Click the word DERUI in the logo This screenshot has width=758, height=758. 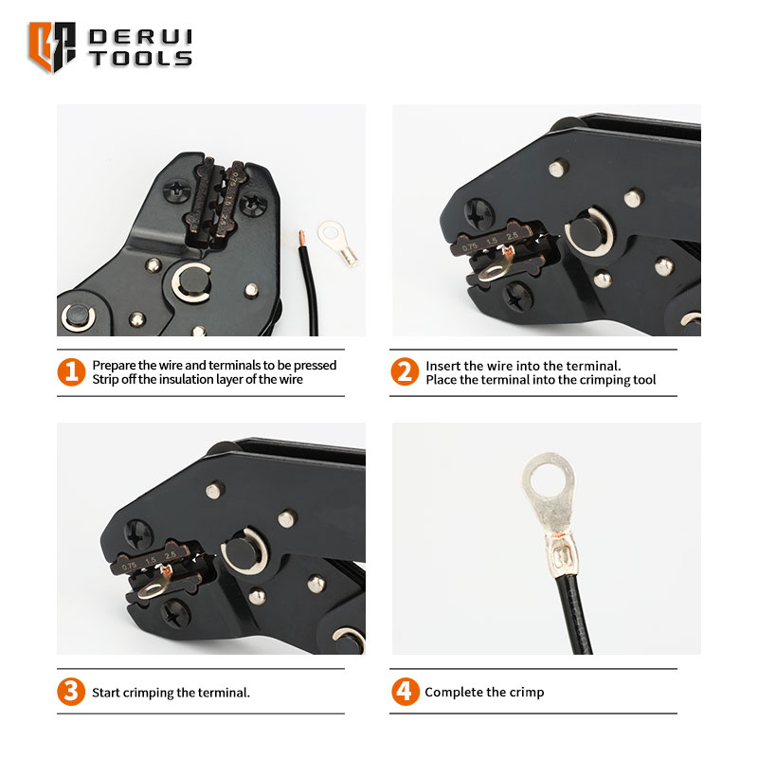click(x=140, y=37)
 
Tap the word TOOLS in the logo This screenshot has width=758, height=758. click(x=140, y=59)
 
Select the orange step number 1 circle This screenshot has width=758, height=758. click(x=71, y=372)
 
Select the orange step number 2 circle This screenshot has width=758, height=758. click(x=405, y=371)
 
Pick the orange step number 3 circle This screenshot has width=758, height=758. click(x=71, y=692)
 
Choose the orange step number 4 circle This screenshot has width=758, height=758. click(x=406, y=692)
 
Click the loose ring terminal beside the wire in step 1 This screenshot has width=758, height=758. click(x=338, y=244)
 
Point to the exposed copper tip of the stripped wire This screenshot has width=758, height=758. click(x=301, y=238)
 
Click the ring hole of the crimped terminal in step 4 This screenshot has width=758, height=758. click(x=549, y=479)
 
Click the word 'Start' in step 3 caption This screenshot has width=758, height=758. click(x=106, y=693)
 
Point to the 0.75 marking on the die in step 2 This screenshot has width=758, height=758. click(x=469, y=247)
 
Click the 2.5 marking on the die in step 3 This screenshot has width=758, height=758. click(x=171, y=556)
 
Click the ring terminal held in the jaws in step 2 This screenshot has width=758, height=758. click(x=495, y=267)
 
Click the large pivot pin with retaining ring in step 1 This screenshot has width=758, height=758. click(x=191, y=282)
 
